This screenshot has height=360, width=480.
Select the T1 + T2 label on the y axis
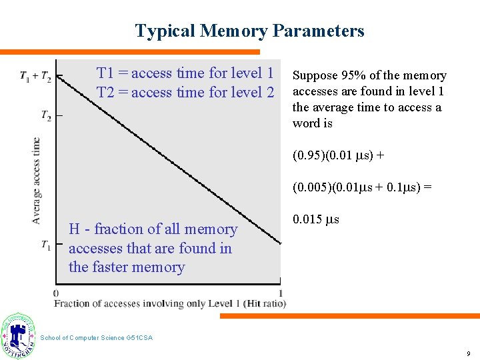[35, 77]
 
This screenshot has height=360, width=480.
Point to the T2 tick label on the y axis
[46, 116]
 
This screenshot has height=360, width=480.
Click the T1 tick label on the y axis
[45, 245]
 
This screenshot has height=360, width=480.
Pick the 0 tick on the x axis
[56, 293]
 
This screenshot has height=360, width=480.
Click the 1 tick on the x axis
[281, 293]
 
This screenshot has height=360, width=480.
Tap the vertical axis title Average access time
[36, 180]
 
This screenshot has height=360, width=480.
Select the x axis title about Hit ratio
[170, 304]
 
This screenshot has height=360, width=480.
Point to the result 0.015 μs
[316, 219]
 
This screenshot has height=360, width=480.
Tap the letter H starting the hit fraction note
[75, 229]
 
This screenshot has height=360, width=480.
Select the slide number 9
[469, 353]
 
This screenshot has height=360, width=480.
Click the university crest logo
[18, 335]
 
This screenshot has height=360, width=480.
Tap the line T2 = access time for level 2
[185, 93]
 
